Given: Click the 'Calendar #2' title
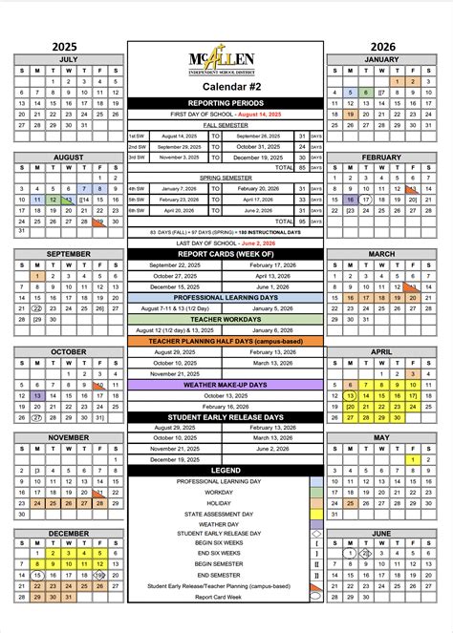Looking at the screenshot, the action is point(226,87).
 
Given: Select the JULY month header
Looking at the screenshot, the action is point(68,58).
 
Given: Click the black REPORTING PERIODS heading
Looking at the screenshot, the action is point(226,102).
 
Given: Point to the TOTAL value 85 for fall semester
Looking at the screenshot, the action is point(302,167).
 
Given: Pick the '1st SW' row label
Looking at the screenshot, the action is point(138,136).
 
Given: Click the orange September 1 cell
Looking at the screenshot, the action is point(36,276).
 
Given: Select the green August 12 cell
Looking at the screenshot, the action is point(53,200).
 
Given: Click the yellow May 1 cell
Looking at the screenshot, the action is point(414,460).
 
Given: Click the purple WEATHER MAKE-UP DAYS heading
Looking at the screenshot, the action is point(226,385).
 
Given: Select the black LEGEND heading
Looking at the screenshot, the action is point(226,471).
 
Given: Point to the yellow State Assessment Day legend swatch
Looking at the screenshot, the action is point(316,514).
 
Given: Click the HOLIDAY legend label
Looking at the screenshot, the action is point(218,503).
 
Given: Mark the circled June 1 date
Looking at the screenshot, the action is point(351,553).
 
